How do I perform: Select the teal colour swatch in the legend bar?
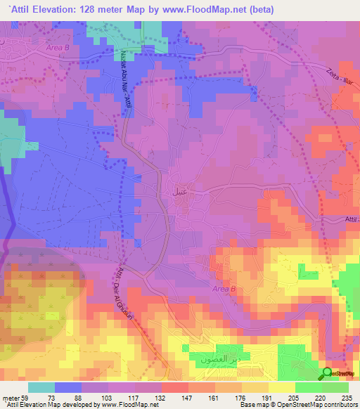click(x=41, y=387)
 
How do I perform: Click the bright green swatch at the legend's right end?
click(x=335, y=387)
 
